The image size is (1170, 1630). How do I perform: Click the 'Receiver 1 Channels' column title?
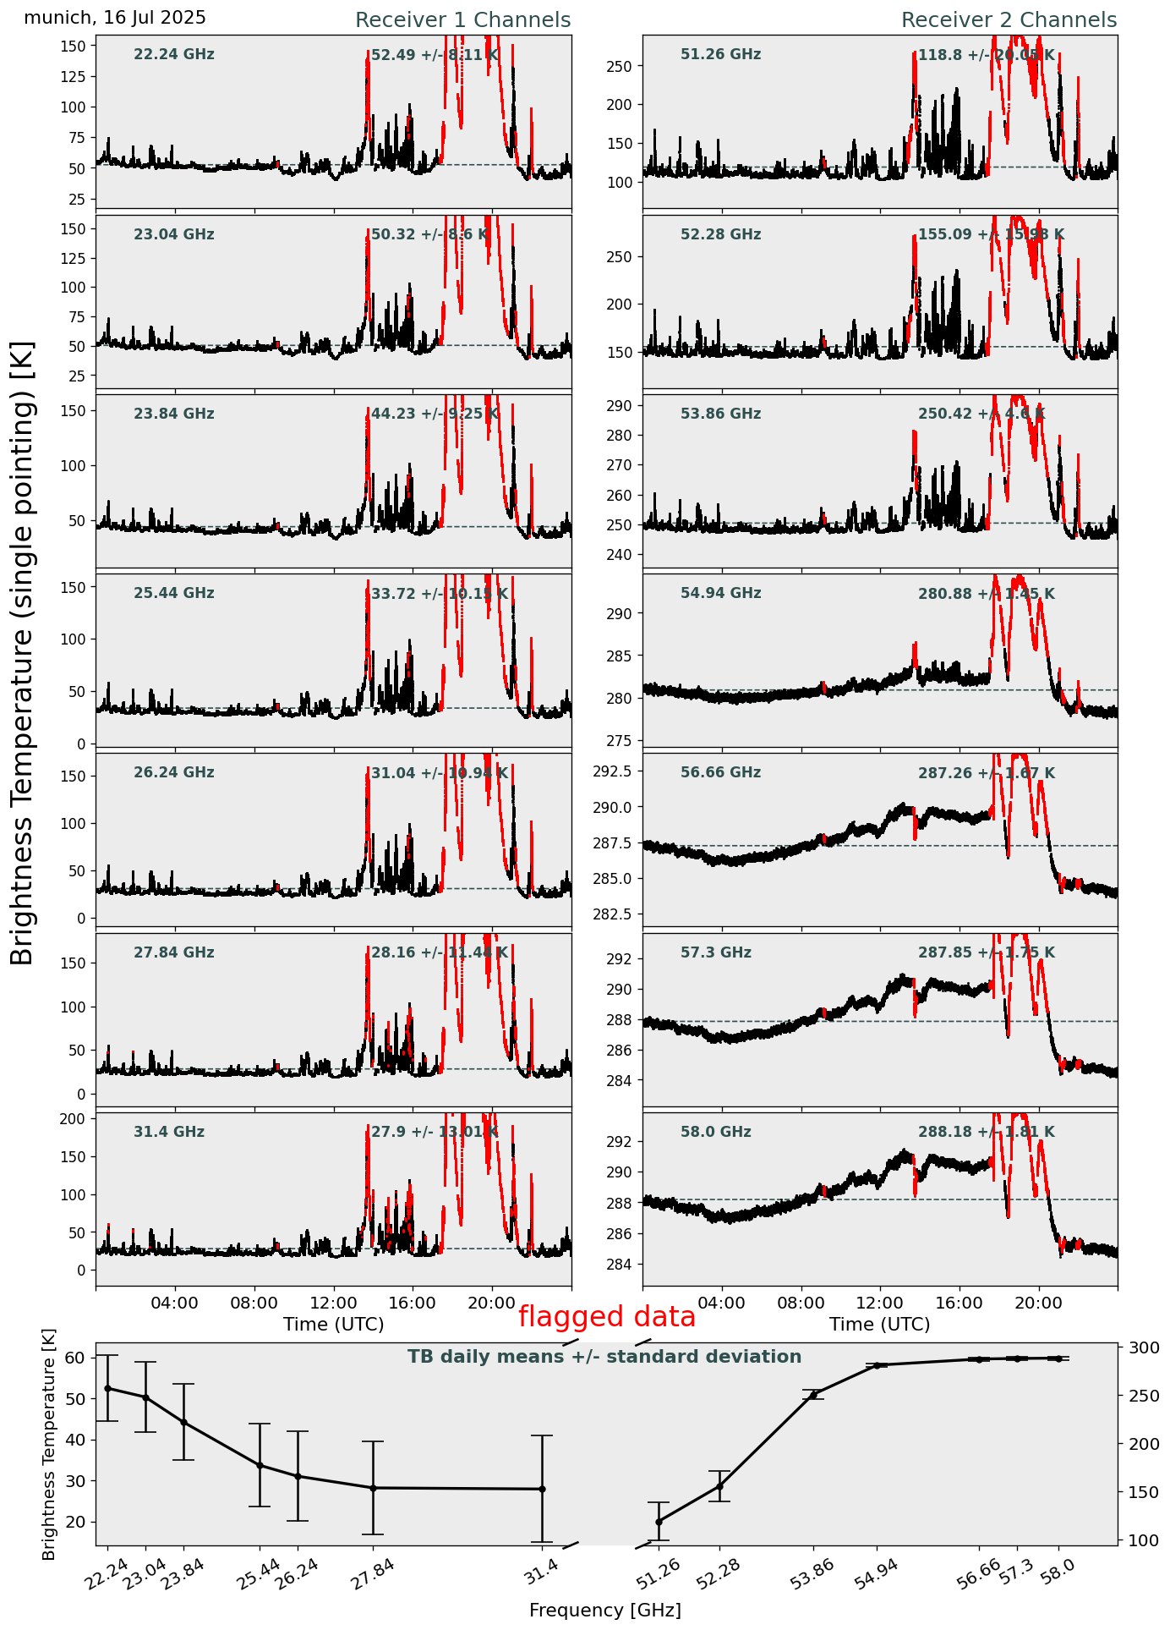point(462,20)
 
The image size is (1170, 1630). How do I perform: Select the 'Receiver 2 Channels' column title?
point(1009,20)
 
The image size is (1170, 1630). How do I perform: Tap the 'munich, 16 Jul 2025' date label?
point(115,18)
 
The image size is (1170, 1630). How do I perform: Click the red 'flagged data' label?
point(606,1317)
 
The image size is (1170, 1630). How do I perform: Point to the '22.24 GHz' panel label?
point(174,55)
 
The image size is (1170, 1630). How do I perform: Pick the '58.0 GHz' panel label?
point(715,1132)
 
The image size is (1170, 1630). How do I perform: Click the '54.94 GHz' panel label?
point(720,594)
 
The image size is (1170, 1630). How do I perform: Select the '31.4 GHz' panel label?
point(169,1132)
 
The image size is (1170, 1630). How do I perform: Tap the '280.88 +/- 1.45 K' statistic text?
point(986,594)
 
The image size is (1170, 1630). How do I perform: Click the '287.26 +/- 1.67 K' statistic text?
point(986,773)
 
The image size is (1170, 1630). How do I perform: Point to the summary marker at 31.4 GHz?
point(542,1489)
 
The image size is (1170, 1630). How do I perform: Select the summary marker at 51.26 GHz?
point(659,1522)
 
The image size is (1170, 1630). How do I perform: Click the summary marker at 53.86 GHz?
point(814,1395)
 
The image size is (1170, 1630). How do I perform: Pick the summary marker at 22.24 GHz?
point(107,1388)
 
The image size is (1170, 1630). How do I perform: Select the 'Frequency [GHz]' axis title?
point(604,1610)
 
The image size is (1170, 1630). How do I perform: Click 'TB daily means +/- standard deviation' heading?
point(604,1357)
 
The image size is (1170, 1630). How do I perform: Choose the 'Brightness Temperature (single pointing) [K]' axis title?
point(23,653)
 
